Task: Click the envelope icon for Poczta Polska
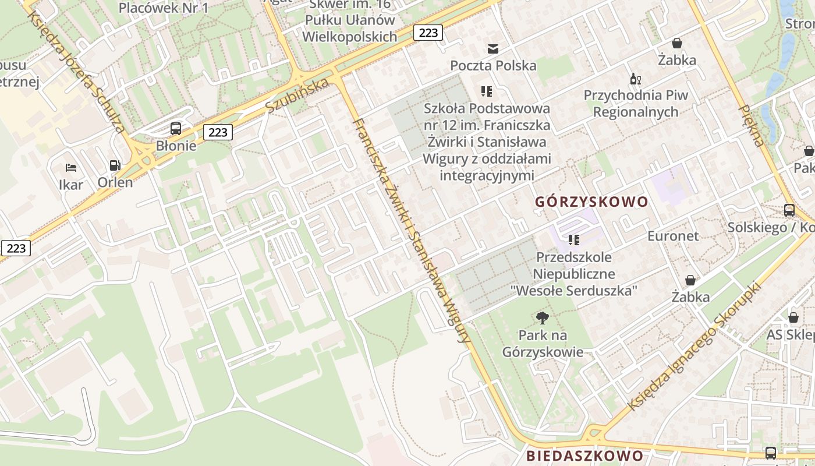click(493, 48)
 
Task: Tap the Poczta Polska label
click(493, 65)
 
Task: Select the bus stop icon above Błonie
click(176, 129)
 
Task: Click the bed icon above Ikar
click(71, 168)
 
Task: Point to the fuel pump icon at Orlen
click(115, 166)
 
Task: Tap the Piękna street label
click(751, 125)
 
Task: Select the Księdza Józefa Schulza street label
click(76, 70)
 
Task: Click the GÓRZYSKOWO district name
click(591, 202)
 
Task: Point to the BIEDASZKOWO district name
click(585, 456)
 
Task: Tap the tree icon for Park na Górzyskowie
click(543, 318)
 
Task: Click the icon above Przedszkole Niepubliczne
click(574, 239)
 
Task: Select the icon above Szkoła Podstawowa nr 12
click(487, 91)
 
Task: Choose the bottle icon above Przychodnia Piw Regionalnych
click(635, 79)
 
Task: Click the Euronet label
click(673, 236)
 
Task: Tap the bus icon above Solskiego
click(789, 210)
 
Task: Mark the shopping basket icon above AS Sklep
click(793, 317)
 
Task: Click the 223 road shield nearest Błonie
click(218, 132)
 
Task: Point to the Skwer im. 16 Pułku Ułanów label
click(350, 20)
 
